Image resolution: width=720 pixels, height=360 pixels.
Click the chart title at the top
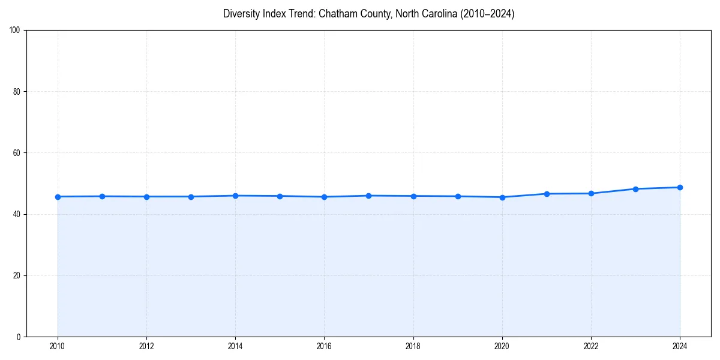pos(368,14)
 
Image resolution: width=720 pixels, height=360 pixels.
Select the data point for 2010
pos(58,197)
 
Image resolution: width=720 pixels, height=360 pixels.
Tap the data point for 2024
pos(680,187)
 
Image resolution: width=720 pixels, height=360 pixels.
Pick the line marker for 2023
pos(635,189)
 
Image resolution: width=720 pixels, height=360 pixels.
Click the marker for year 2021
pos(547,194)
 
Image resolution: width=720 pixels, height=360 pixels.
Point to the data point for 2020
pos(502,197)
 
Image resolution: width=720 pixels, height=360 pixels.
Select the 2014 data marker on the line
pos(235,196)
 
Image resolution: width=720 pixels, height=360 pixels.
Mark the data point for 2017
pos(368,196)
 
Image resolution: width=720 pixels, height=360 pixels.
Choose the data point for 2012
pos(146,197)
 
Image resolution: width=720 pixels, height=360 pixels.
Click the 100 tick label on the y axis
pos(15,31)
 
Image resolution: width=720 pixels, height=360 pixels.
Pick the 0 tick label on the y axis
pos(19,337)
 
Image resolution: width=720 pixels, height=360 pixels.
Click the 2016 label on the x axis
pos(324,347)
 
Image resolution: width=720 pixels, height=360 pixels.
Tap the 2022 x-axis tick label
pos(591,347)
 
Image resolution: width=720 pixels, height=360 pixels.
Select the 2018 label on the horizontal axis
pos(413,347)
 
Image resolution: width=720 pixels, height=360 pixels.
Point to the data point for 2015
pos(280,196)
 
